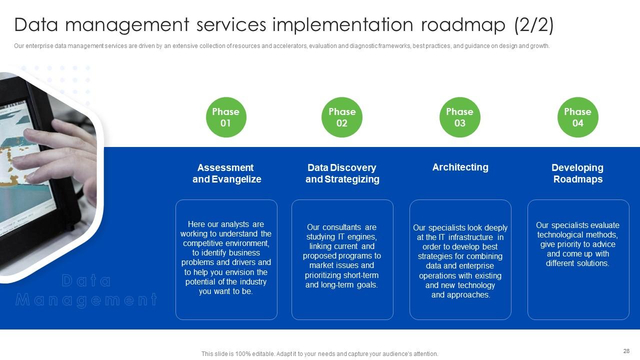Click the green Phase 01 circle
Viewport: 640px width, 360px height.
pyautogui.click(x=226, y=117)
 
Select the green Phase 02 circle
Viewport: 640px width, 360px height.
pyautogui.click(x=342, y=117)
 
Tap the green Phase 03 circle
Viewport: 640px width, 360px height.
pyautogui.click(x=459, y=117)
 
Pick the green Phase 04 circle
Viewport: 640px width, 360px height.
pyautogui.click(x=577, y=117)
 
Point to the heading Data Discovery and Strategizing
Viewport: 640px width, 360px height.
pyautogui.click(x=342, y=173)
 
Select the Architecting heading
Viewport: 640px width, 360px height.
pyautogui.click(x=460, y=167)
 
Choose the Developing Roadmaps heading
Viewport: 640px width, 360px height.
pyautogui.click(x=577, y=173)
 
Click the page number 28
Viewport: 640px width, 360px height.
pyautogui.click(x=626, y=351)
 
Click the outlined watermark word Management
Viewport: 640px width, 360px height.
pyautogui.click(x=86, y=300)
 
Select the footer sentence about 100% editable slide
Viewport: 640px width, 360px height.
pyautogui.click(x=319, y=354)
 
